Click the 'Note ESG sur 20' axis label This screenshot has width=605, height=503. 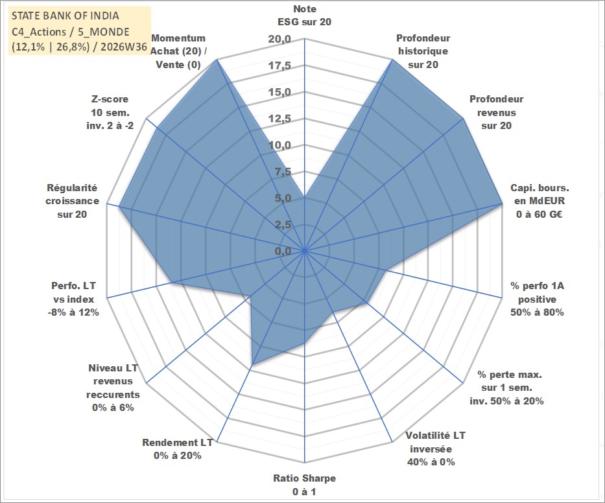[x=304, y=16]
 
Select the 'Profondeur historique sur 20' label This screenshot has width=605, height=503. [x=423, y=51]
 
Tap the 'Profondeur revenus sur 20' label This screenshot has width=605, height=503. [x=496, y=112]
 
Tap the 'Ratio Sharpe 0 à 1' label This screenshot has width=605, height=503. [x=304, y=485]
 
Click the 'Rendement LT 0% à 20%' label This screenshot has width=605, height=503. [x=178, y=449]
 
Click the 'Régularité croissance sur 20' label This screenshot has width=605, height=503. [x=72, y=201]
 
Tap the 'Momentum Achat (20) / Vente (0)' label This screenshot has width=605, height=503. [x=178, y=51]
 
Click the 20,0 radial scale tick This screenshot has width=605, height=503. [x=279, y=39]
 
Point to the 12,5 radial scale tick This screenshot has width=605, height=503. [x=279, y=119]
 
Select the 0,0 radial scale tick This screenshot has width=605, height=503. [x=283, y=251]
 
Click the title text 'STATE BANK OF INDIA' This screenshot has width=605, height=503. [x=65, y=16]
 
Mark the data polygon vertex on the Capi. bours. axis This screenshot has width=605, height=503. [x=502, y=203]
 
